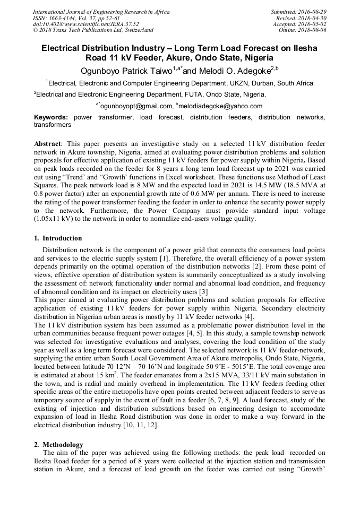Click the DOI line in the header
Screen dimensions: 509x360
86,24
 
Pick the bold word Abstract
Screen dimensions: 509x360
47,144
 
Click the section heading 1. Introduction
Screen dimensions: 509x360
58,238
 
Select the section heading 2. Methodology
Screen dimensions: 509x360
58,444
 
